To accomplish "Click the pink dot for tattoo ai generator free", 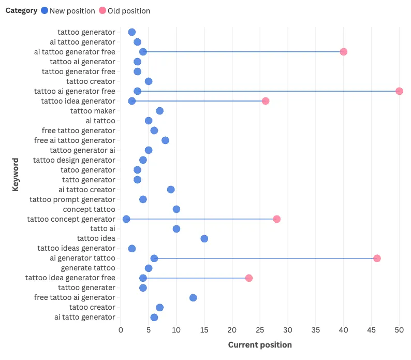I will [x=399, y=91].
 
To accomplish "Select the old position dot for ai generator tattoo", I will [x=377, y=258].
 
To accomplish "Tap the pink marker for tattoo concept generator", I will [x=276, y=219].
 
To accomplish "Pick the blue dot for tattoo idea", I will [x=204, y=239].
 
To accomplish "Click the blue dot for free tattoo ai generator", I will [x=193, y=297].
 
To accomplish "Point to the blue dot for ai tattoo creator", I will [x=171, y=190].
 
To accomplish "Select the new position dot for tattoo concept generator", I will [x=126, y=219].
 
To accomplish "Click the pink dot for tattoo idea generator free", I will [x=249, y=278].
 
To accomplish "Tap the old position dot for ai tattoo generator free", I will [x=343, y=52].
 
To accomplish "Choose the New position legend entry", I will [x=72, y=11].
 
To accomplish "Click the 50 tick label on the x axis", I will [x=399, y=329].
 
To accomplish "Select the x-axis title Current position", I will [x=260, y=345].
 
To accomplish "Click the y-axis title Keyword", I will [x=16, y=175].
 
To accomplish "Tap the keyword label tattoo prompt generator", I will [x=72, y=199].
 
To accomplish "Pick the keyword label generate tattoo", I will [x=88, y=268].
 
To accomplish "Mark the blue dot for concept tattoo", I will [x=177, y=209].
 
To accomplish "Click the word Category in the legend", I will [x=21, y=11].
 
